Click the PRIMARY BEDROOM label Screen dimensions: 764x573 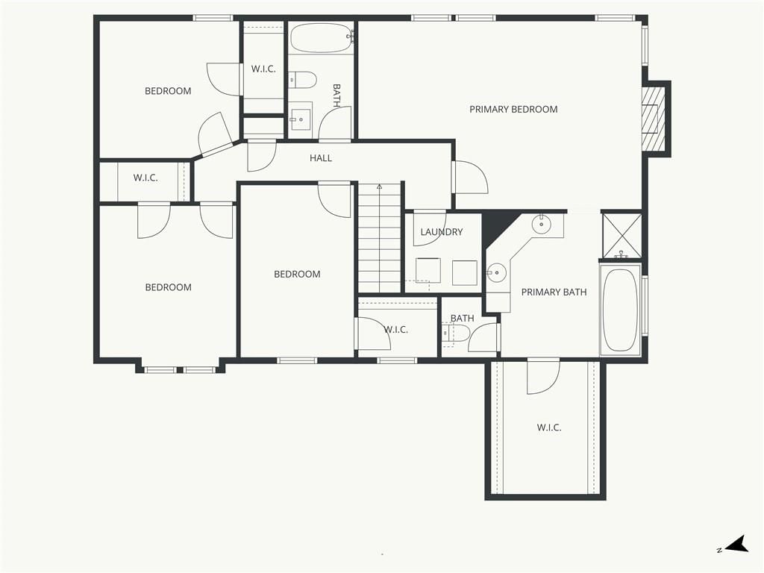pos(513,110)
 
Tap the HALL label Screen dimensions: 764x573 pos(321,158)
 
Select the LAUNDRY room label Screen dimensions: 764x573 pos(442,232)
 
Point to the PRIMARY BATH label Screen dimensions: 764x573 pos(554,292)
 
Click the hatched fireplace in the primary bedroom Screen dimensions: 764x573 pos(653,119)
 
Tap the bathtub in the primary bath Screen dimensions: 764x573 pos(620,310)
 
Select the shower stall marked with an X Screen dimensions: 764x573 pos(621,235)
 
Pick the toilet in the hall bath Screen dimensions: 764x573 pos(303,80)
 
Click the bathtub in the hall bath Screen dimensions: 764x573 pos(321,37)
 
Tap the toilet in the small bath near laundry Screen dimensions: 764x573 pos(457,334)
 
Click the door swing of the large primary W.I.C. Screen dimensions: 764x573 pos(543,376)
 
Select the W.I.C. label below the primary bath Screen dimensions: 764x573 pos(549,428)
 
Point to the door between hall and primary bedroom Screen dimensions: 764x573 pos(470,178)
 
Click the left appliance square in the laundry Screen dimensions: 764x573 pos(428,270)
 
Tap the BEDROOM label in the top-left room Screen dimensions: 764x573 pos(168,91)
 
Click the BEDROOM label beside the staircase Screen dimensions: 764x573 pos(297,275)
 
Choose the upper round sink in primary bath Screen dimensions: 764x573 pos(541,225)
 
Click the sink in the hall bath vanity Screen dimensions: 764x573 pos(300,118)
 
